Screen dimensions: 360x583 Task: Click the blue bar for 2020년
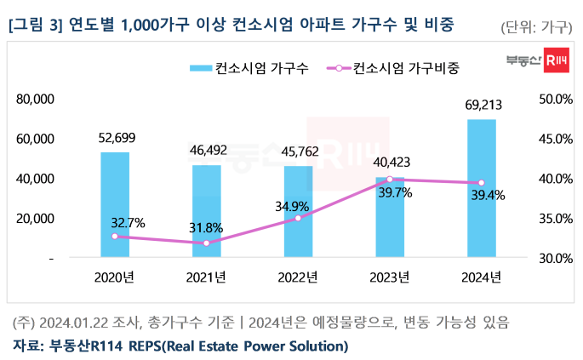(114, 204)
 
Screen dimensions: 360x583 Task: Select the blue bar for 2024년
(482, 188)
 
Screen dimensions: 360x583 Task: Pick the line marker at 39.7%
(390, 180)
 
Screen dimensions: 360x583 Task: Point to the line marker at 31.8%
(206, 243)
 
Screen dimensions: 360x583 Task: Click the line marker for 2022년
(298, 219)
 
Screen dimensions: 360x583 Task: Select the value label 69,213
(482, 106)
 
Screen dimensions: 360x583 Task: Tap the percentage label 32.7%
(128, 223)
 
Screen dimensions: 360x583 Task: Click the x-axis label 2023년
(390, 277)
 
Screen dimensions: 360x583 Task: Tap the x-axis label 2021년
(206, 277)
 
